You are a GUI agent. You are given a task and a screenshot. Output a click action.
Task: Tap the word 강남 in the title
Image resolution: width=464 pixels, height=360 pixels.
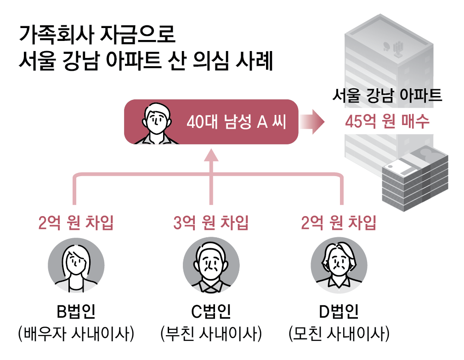[x=78, y=61]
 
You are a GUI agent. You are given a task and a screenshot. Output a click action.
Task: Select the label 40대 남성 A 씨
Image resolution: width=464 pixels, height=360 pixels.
[x=236, y=122]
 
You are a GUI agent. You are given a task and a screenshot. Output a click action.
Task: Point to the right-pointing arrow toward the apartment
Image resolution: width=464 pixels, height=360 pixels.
[x=313, y=122]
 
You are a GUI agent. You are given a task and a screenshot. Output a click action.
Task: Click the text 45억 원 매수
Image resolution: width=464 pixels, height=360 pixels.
[x=387, y=121]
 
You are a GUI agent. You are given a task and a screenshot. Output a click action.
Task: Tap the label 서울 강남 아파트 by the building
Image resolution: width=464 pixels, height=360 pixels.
[x=387, y=96]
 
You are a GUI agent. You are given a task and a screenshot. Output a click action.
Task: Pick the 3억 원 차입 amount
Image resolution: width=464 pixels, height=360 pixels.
[x=211, y=223]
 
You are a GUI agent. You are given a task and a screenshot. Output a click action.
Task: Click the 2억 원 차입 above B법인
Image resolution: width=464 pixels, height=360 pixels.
[x=76, y=223]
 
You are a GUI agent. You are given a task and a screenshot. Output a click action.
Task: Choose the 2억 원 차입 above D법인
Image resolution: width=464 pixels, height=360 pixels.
[x=339, y=223]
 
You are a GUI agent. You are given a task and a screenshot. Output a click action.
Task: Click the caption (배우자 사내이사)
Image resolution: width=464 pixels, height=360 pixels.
[x=76, y=333]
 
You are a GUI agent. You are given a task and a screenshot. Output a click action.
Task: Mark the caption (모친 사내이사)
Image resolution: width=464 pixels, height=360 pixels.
[x=339, y=333]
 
